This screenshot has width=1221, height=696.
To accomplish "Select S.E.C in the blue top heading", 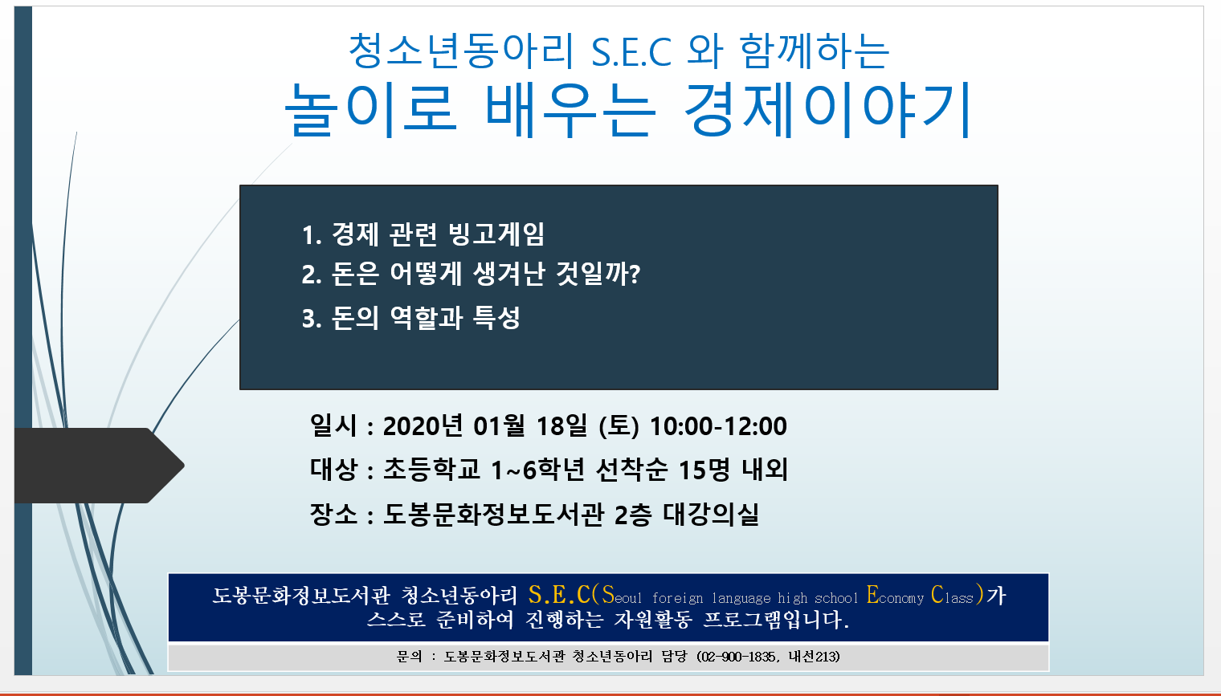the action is (x=631, y=51).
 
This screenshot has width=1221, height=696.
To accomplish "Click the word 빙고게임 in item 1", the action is (x=496, y=234).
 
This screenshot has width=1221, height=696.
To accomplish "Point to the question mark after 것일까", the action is (x=634, y=274).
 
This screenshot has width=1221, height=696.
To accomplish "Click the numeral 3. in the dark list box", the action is (x=311, y=319).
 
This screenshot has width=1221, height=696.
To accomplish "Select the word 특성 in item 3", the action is (x=496, y=318).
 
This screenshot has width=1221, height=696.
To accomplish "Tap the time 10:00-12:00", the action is (x=718, y=426).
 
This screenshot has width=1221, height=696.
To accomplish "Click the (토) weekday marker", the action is (x=619, y=426).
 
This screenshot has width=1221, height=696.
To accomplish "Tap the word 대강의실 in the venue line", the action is (x=711, y=514).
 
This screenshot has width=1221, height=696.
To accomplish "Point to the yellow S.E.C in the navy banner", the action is (x=559, y=595).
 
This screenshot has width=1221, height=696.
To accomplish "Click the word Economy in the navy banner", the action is (x=895, y=595).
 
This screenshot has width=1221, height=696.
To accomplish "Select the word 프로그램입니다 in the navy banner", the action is (x=776, y=620).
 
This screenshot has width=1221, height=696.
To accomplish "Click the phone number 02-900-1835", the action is (x=738, y=657).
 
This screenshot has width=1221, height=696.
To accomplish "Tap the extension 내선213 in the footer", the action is (x=811, y=657).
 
